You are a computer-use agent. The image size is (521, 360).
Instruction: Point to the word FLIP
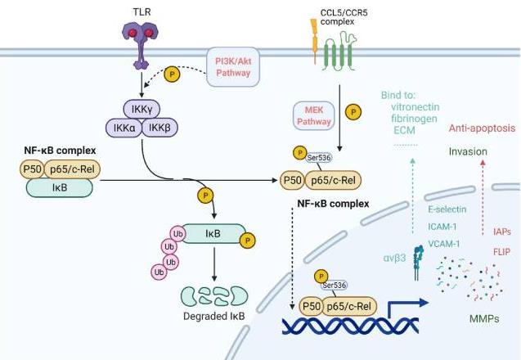point(500,253)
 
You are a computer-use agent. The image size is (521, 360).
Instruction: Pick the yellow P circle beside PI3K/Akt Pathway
point(173,74)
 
